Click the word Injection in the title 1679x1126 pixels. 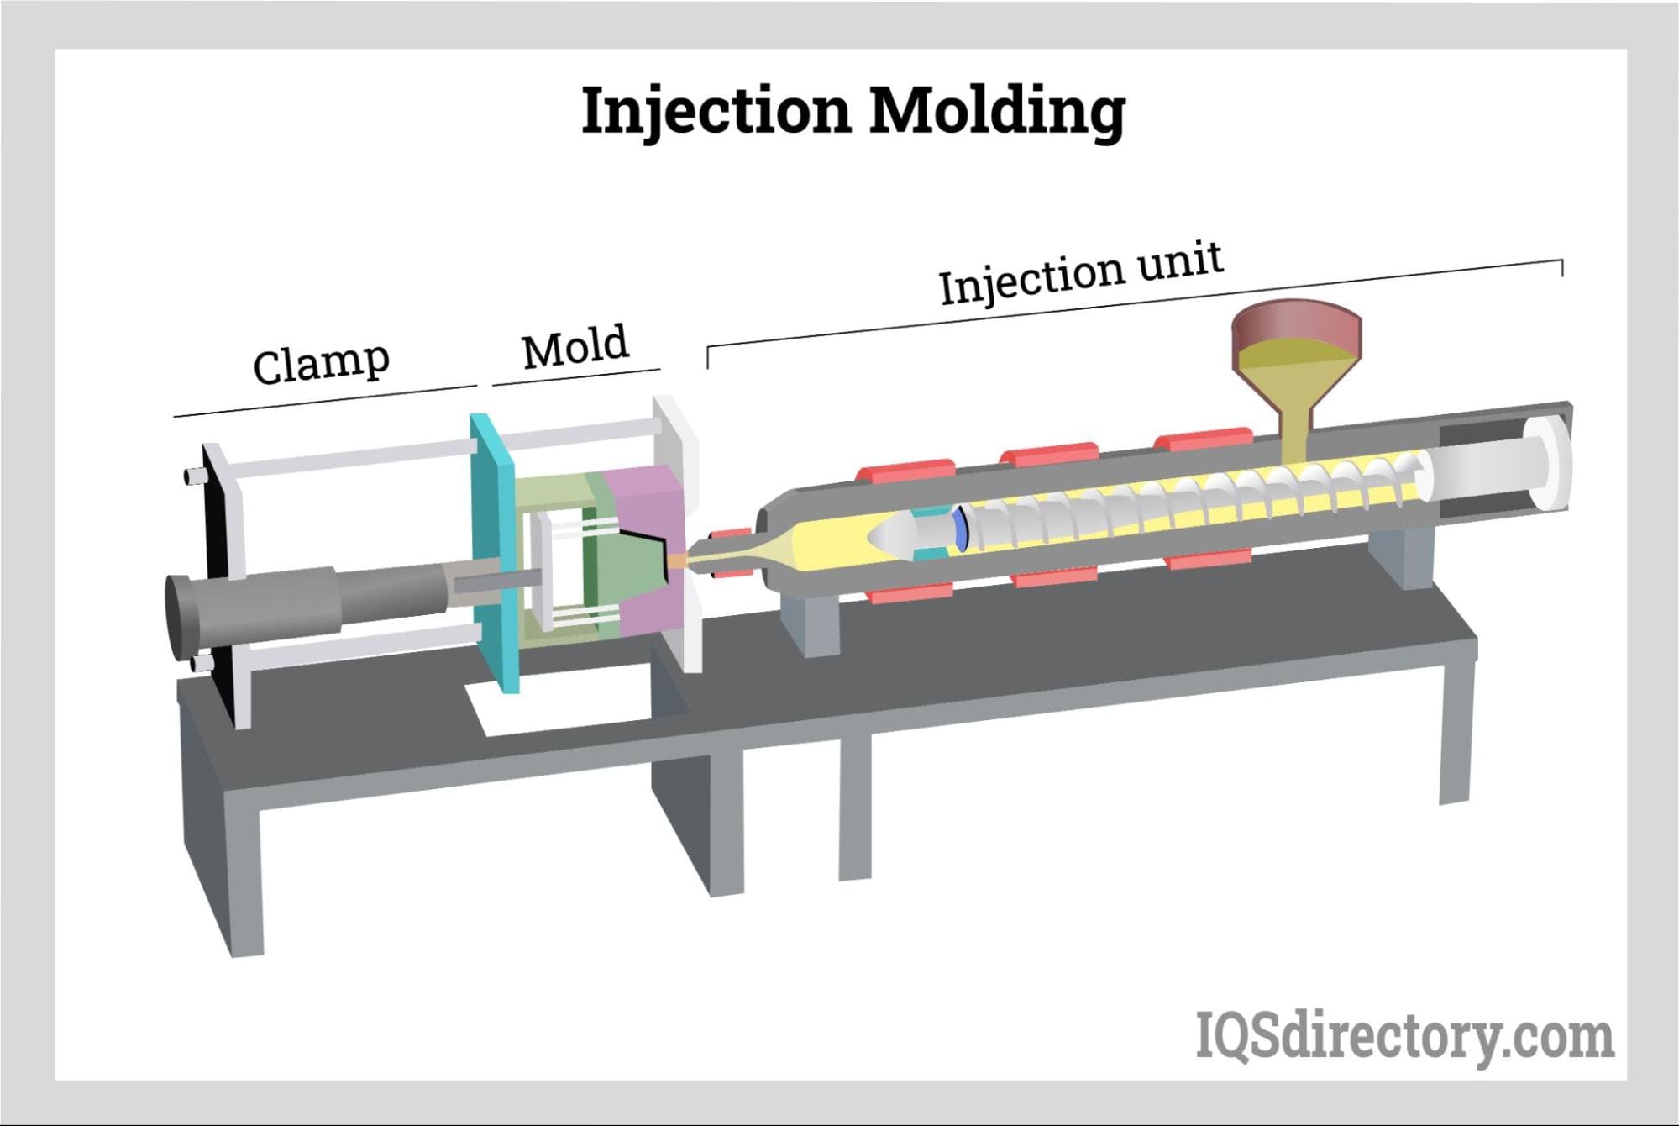pos(716,111)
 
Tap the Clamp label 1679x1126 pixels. pos(322,363)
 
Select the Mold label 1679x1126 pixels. pos(575,346)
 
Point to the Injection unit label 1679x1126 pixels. pos(1081,274)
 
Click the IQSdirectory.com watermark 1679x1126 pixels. pos(1404,1037)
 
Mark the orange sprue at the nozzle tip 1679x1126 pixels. pos(678,560)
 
